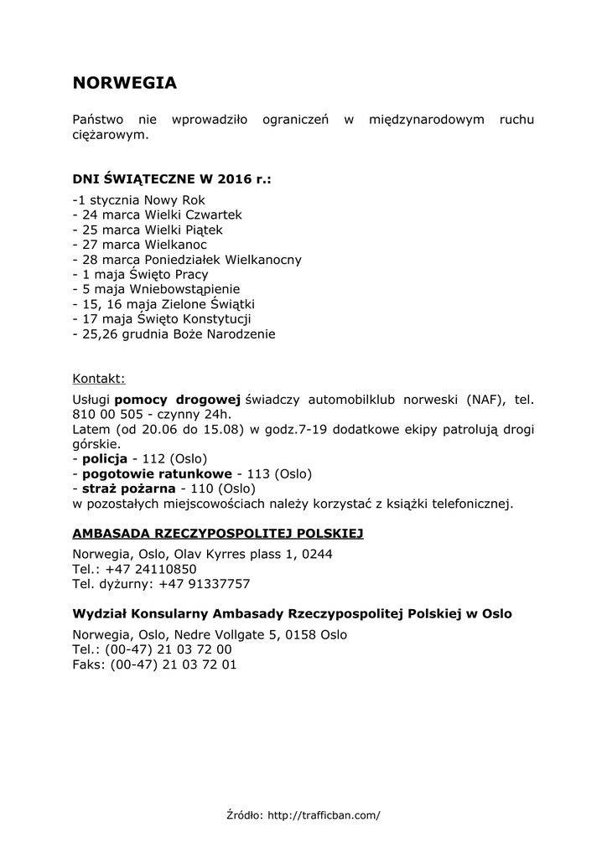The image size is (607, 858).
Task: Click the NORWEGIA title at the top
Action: [x=124, y=83]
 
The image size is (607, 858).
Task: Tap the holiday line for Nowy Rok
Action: [x=138, y=200]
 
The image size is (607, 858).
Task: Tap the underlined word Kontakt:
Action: [x=99, y=378]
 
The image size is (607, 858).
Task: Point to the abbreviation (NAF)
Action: [x=487, y=400]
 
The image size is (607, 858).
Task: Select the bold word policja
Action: [x=105, y=459]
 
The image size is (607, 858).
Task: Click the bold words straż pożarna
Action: [x=128, y=488]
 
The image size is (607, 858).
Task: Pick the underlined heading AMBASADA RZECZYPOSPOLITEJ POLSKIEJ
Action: [x=218, y=533]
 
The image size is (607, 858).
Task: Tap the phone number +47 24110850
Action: [x=151, y=569]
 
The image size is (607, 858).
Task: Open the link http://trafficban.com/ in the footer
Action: [x=324, y=814]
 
